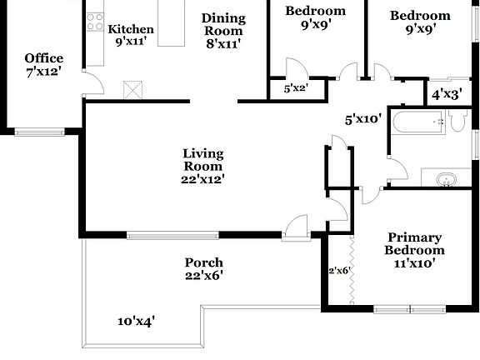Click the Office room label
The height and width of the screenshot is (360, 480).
(x=43, y=64)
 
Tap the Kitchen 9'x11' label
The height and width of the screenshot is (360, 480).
(x=131, y=35)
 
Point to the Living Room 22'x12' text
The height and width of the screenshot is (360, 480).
(x=203, y=165)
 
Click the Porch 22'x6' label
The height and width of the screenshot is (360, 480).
(x=203, y=268)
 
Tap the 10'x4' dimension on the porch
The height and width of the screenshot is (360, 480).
(x=137, y=320)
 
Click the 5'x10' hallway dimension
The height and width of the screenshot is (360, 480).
(x=362, y=119)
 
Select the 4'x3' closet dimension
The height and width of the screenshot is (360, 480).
(x=447, y=95)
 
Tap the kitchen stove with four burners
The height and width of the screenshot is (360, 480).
(x=95, y=22)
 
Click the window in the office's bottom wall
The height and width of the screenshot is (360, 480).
(x=39, y=131)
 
